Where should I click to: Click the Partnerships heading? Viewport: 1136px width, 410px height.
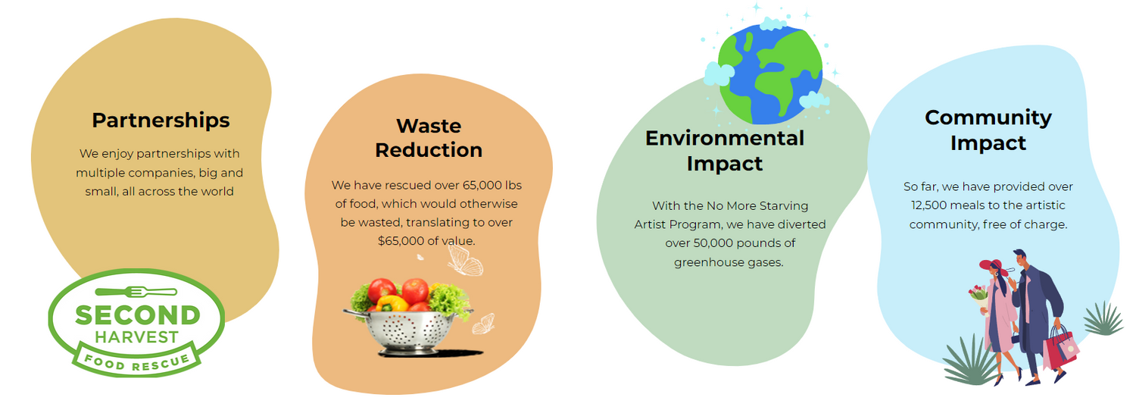pos(161,120)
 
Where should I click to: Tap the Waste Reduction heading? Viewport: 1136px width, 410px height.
pos(429,138)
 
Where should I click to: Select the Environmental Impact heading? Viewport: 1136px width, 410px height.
pos(725,151)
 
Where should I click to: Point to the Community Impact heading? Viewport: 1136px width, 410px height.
pos(988,130)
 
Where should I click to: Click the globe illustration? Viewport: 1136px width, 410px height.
pos(770,74)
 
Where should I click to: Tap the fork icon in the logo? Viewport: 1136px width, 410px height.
pos(136,292)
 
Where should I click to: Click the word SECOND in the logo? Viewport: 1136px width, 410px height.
pos(137,315)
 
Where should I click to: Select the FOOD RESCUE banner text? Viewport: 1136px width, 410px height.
pos(136,361)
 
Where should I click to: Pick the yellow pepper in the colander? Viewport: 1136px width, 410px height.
pos(392,303)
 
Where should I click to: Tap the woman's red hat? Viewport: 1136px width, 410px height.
pos(992,265)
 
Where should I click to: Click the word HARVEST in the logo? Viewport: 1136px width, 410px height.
pos(136,337)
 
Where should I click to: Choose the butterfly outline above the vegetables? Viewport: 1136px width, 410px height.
pos(464,260)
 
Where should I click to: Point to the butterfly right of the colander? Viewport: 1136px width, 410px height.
pos(483,324)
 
